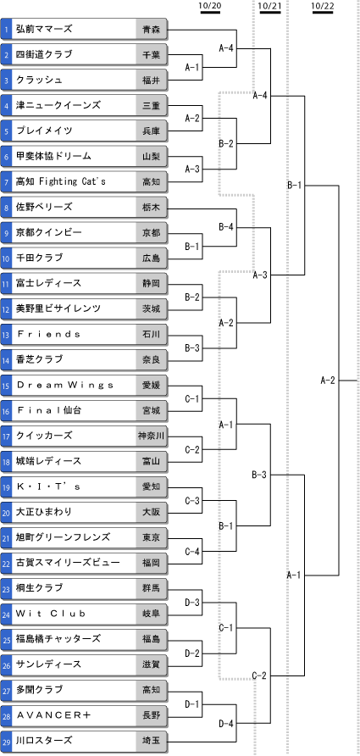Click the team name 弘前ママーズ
coord(44,29)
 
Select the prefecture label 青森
coord(152,30)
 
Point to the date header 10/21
coord(269,5)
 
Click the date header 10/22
coord(323,5)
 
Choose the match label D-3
coord(192,602)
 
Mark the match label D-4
coord(226,723)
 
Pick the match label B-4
coord(226,226)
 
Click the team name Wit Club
coord(51,614)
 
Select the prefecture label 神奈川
coord(152,436)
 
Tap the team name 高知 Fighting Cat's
coord(61,181)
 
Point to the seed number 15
coord(6,386)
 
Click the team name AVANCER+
coord(53,715)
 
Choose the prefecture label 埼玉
coord(152,741)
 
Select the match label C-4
coord(192,551)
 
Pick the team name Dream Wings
coord(65,386)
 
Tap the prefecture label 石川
coord(152,334)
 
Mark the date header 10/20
coord(209,5)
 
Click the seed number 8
coord(6,208)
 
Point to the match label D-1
coord(192,704)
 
